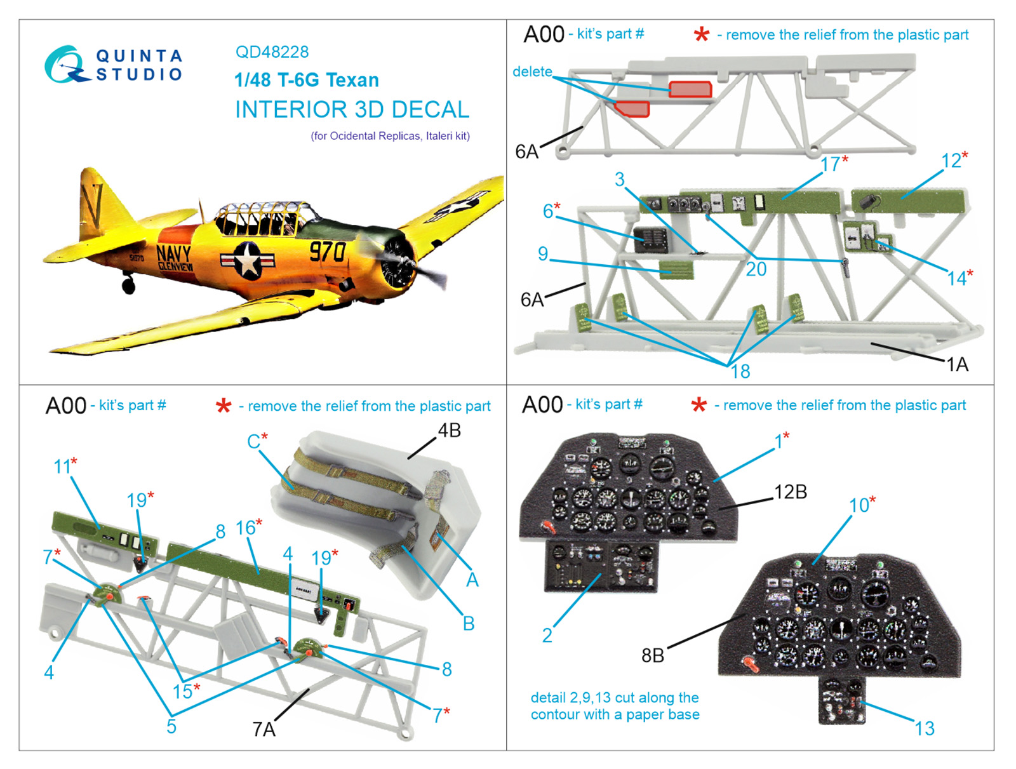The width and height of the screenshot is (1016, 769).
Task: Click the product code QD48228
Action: tap(272, 52)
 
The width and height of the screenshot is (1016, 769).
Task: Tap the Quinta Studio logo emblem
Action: tap(67, 65)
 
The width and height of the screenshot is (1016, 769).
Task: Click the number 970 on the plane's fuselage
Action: tap(327, 252)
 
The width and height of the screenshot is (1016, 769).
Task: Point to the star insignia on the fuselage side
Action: tap(248, 259)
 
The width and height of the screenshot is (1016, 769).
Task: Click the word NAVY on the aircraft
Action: tap(173, 253)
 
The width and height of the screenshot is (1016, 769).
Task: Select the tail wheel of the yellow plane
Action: tap(129, 285)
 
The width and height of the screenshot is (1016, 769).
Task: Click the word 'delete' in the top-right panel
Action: tap(532, 71)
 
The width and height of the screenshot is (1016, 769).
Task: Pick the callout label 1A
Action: tap(957, 364)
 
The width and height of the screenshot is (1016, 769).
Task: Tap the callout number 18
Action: tap(740, 371)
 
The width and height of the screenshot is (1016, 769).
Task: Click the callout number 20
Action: tap(756, 269)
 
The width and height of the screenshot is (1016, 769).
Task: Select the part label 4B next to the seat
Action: tap(449, 431)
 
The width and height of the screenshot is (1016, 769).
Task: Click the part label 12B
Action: tap(791, 492)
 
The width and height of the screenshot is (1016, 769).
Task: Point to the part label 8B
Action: tap(653, 655)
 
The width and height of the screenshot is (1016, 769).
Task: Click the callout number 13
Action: tap(925, 729)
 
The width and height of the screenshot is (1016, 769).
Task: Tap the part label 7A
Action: tap(264, 730)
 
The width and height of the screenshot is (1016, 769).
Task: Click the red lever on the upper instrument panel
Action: tap(548, 526)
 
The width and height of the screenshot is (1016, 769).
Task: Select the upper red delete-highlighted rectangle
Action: tap(690, 90)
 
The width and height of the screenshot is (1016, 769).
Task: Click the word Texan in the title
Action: tap(351, 80)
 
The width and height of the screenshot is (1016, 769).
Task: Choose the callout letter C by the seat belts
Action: tap(253, 441)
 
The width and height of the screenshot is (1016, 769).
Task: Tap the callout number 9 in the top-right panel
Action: tap(543, 253)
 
